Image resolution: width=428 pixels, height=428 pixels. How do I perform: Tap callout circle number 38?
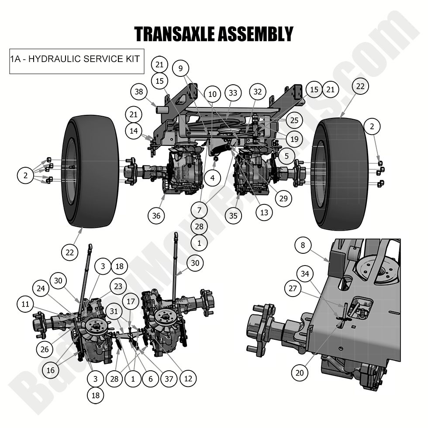click(x=139, y=92)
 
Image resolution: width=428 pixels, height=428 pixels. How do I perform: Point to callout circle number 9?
click(x=180, y=68)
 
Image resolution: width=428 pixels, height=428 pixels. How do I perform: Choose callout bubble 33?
click(x=233, y=93)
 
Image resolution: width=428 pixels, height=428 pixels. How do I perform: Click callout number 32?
click(x=258, y=92)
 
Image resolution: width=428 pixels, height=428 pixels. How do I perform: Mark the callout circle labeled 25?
click(x=294, y=120)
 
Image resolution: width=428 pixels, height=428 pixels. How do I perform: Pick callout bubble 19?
click(x=294, y=139)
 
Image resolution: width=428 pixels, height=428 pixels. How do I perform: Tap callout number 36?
click(x=156, y=215)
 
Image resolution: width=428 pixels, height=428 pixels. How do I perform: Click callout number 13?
click(x=264, y=213)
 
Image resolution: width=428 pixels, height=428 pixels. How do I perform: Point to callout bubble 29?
click(x=283, y=198)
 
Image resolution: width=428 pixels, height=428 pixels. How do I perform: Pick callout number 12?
click(x=188, y=379)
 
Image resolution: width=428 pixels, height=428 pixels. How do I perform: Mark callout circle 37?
click(x=169, y=379)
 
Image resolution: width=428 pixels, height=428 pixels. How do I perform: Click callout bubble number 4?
click(x=212, y=178)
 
